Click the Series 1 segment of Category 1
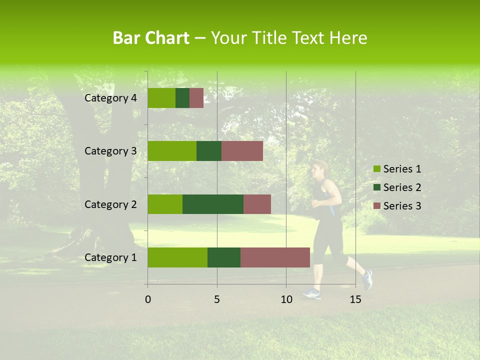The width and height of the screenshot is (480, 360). coord(177,257)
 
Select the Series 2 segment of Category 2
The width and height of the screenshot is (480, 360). coord(213,204)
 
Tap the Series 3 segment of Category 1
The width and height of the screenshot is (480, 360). coord(275,257)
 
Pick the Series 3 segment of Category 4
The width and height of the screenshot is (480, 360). coord(196,98)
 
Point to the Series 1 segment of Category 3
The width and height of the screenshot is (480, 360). coord(172,151)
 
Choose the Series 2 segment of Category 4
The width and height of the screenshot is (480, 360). coord(182,98)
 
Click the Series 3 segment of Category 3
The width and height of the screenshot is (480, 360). coord(242,151)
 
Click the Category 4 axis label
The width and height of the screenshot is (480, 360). coord(110,98)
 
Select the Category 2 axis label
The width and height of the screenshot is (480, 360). coord(110,204)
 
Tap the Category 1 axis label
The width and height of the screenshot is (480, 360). coord(110,257)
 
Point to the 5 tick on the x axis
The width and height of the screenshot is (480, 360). coord(217,299)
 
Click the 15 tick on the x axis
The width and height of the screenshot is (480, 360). coord(355,299)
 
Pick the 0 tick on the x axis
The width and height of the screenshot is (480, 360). coord(147,299)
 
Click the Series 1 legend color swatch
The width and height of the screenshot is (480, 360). coord(376,169)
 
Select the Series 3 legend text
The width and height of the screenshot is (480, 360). coord(402,206)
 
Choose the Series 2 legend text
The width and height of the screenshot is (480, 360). coord(402,187)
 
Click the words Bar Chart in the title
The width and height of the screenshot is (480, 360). coord(151,38)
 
